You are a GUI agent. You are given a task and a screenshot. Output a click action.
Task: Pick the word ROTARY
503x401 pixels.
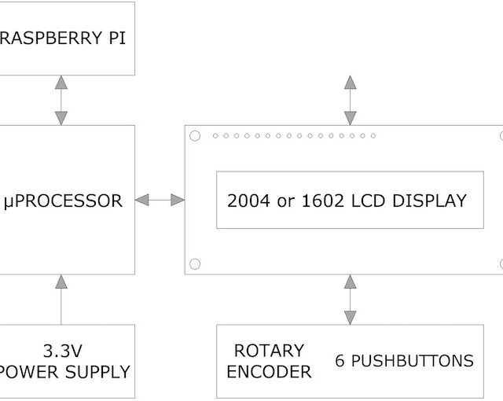269,351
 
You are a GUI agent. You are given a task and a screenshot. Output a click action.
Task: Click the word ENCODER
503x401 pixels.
269,372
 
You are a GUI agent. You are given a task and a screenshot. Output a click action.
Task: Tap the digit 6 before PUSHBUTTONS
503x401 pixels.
340,362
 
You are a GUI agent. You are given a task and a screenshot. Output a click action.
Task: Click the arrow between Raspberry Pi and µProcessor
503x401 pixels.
61,100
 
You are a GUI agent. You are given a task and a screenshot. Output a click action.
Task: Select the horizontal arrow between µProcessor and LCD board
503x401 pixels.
160,200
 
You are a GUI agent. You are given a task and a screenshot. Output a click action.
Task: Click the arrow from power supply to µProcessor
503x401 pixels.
61,299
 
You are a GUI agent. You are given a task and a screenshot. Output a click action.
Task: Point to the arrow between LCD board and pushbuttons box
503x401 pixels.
350,300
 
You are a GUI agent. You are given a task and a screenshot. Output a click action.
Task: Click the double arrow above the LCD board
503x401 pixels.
350,100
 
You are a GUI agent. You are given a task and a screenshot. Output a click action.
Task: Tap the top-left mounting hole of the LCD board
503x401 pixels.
195,136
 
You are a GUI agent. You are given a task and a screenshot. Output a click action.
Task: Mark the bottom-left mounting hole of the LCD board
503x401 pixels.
195,264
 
